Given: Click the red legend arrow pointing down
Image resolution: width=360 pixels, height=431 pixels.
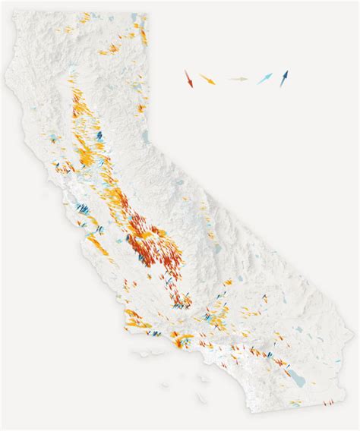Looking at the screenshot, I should pyautogui.click(x=188, y=77).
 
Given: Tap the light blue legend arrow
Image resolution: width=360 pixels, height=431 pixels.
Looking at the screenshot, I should pyautogui.click(x=264, y=77).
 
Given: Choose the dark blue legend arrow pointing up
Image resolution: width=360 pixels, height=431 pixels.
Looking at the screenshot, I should pyautogui.click(x=284, y=77).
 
